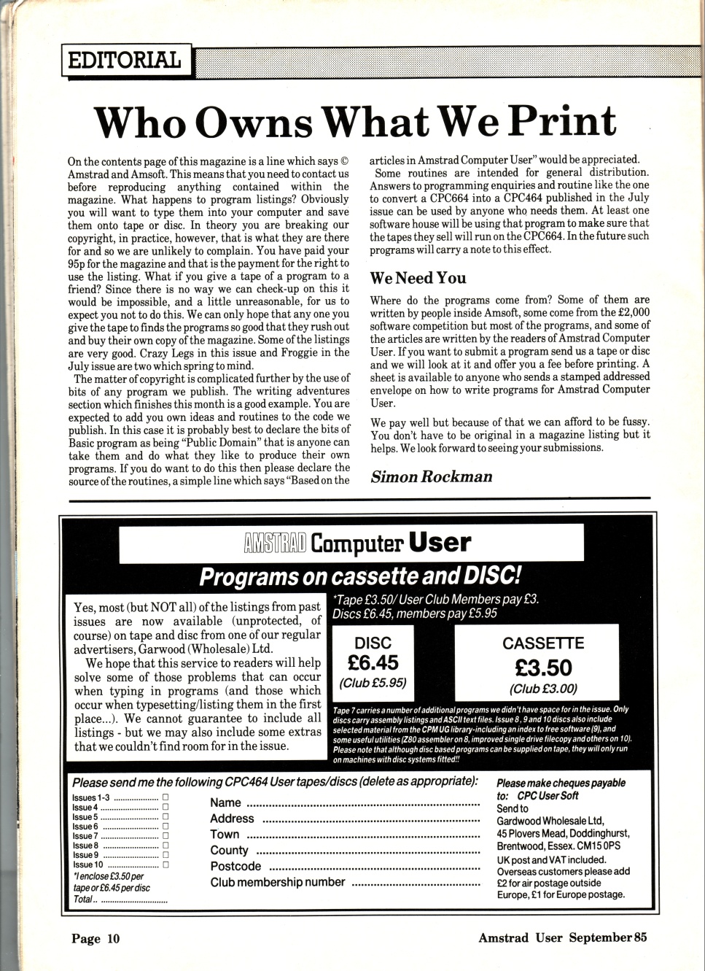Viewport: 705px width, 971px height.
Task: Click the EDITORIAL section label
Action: pos(125,60)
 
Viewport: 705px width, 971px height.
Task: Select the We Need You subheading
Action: pos(418,277)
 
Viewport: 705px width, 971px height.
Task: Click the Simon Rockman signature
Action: pos(432,476)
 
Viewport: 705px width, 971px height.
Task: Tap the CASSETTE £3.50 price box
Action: pos(543,665)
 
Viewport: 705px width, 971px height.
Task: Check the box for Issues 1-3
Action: pos(165,797)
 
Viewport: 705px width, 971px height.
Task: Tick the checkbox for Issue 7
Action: pos(165,835)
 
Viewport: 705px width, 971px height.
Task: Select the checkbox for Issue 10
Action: pos(165,864)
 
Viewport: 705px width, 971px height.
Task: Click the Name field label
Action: pos(225,802)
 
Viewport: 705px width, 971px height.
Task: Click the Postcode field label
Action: pos(235,866)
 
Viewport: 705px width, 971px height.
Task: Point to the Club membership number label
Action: pos(278,882)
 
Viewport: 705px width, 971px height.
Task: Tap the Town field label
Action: pos(225,834)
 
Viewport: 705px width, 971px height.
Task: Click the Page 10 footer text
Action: pos(95,938)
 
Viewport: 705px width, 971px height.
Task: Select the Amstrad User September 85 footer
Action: pos(562,937)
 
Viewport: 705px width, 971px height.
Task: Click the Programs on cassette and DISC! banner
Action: pos(360,577)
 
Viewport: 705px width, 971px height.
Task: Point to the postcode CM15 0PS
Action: pos(595,846)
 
